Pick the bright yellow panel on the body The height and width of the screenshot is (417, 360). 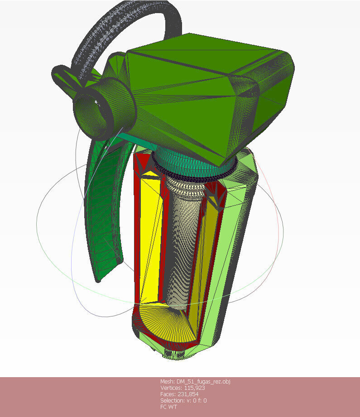[x=149, y=235]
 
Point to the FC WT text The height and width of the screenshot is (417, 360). [x=169, y=407]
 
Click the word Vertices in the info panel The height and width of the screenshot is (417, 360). [x=171, y=388]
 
